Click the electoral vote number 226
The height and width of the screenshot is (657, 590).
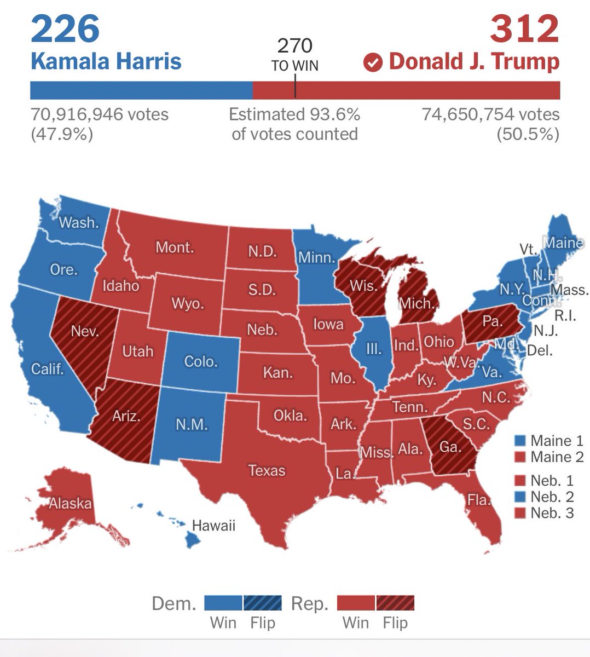coord(65,30)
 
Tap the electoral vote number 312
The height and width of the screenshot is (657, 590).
coord(524,30)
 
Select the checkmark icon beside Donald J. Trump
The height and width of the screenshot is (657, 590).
coord(373,62)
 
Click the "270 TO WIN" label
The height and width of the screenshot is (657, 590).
coord(294,55)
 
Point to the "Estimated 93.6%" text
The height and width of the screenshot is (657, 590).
coord(294,114)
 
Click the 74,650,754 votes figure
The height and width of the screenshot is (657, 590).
coord(490,114)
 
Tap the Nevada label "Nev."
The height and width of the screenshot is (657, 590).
coord(85,331)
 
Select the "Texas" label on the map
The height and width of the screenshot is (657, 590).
coord(267,470)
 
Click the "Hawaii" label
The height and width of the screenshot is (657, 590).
coord(213,526)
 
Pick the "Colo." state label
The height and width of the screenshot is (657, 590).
coord(201,361)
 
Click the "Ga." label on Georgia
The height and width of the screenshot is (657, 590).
coord(450,447)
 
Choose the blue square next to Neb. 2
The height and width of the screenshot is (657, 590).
coord(520,497)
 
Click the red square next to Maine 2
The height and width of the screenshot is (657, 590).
coord(520,457)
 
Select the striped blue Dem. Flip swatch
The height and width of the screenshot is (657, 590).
coord(263,603)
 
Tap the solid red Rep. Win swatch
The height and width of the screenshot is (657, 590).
coord(356,603)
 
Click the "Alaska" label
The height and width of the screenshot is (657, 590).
coord(70,503)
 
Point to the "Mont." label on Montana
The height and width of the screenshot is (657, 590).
coord(175,247)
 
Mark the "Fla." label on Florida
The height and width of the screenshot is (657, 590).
coord(478,499)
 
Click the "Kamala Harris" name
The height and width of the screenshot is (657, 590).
coord(106,61)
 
